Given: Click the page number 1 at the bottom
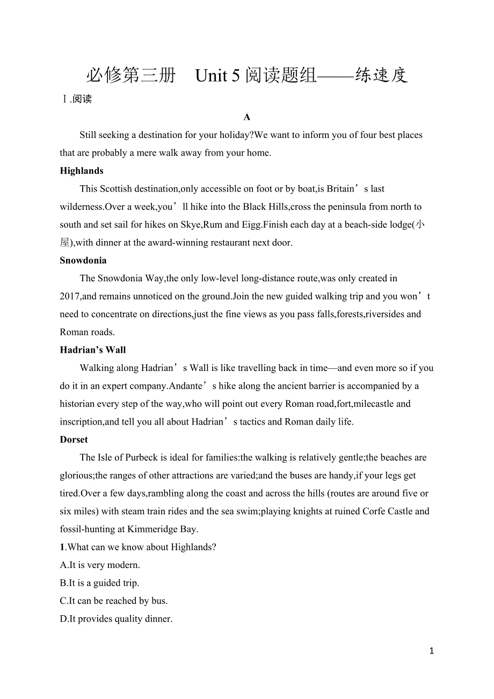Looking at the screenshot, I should click(432, 651).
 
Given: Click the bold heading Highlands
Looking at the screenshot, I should click(82, 171).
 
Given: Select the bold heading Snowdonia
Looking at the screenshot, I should click(83, 260).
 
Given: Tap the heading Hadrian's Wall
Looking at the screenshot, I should click(93, 350).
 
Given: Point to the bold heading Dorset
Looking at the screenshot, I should click(74, 440).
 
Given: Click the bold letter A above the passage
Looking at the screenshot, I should click(247, 117).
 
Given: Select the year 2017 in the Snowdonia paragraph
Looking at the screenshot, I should click(70, 296).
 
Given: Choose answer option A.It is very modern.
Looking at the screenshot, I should click(100, 565).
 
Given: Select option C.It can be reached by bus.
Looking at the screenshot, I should click(114, 601).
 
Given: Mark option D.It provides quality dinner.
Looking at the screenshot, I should click(116, 619).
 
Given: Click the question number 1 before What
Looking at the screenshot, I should click(62, 547).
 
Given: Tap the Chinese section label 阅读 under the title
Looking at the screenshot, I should click(82, 99).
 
